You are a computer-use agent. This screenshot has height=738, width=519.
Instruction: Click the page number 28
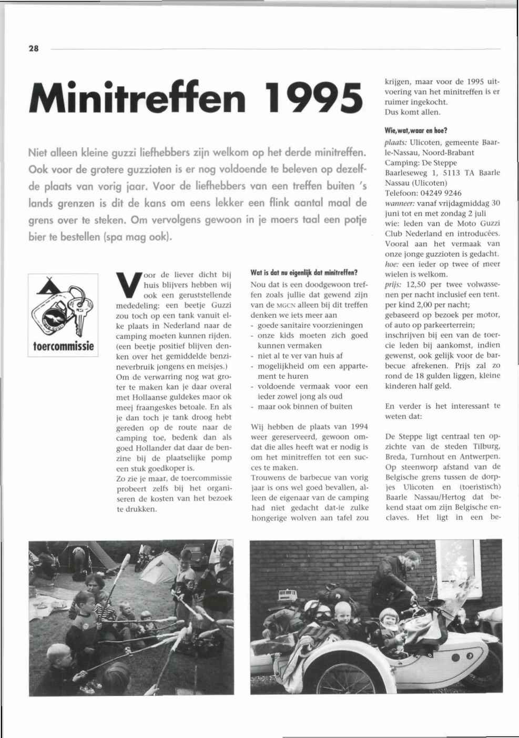(x=34, y=49)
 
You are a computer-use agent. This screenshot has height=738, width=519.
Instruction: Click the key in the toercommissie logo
(x=80, y=311)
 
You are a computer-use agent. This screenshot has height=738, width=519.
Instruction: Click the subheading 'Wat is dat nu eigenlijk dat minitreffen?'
(x=304, y=273)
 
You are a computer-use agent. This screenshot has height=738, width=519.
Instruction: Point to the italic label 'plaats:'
(x=396, y=143)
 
